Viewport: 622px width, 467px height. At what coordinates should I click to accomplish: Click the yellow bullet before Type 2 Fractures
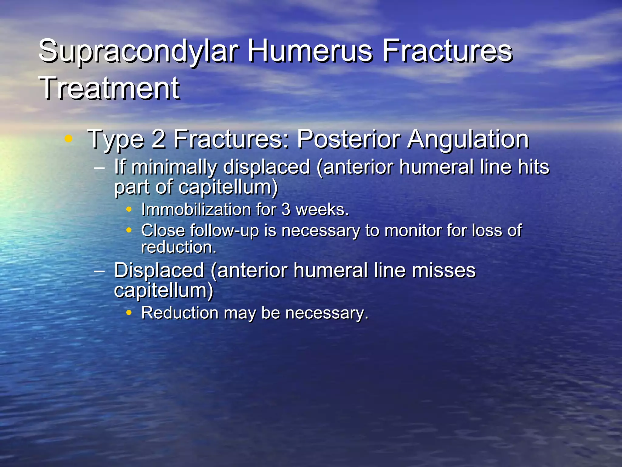tap(69, 139)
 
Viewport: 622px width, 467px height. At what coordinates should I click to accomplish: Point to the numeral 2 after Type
tap(159, 139)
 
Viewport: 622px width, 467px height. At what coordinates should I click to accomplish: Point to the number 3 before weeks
tap(286, 210)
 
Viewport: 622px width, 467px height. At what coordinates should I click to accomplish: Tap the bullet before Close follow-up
tap(129, 230)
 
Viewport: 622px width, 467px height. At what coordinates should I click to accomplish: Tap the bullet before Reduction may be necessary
tap(129, 313)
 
